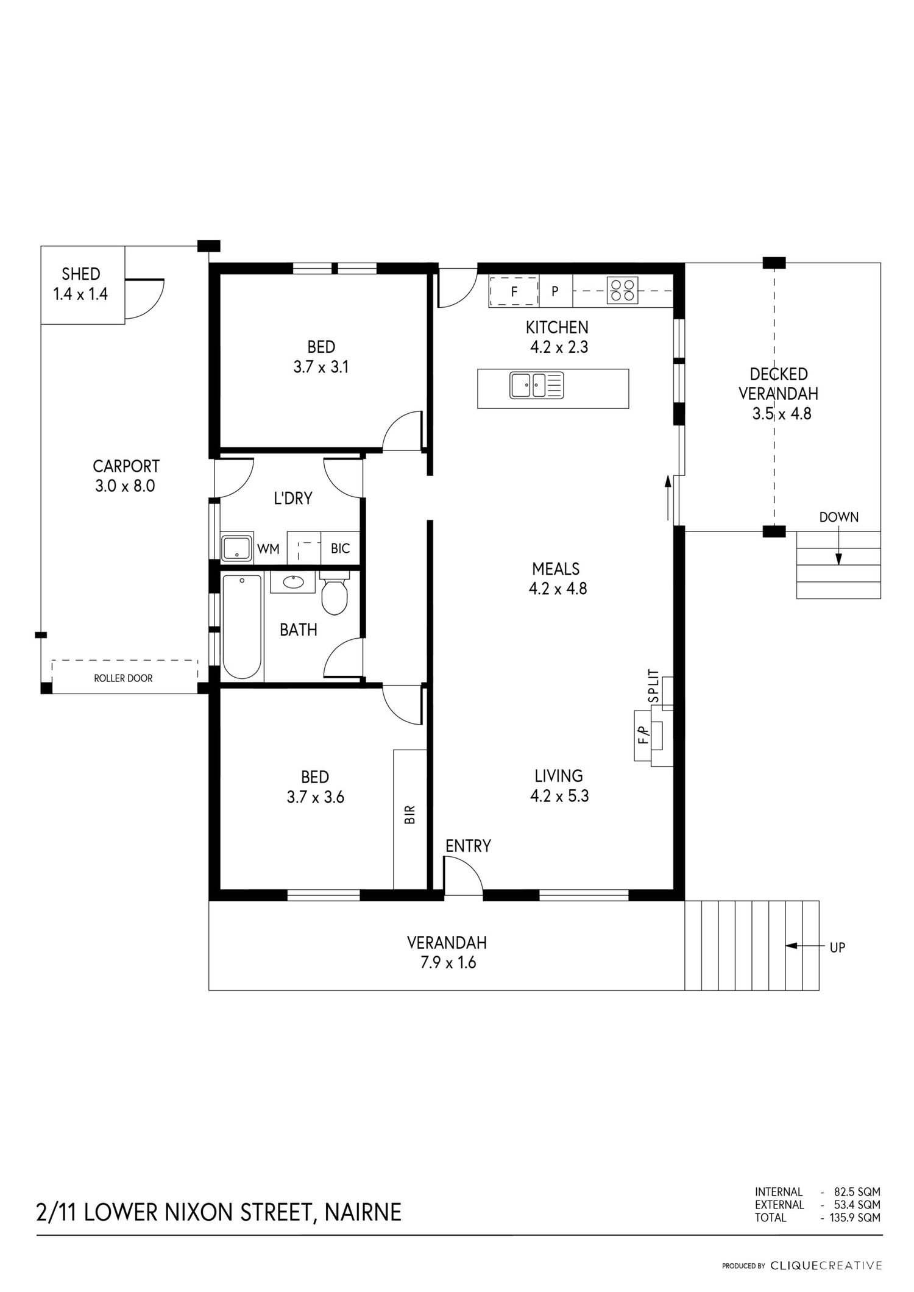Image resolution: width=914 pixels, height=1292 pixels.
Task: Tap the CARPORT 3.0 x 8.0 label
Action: pos(126,476)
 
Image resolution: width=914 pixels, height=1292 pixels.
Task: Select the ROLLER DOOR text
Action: pos(123,678)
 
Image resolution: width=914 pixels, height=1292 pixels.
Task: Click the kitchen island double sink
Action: pos(537,385)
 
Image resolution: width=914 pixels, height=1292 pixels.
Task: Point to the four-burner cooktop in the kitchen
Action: pos(622,290)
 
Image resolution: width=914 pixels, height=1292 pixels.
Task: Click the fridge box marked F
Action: pos(514,291)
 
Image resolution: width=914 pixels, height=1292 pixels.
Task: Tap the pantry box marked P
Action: pos(555,291)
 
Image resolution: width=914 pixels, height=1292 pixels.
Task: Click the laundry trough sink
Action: pos(236,548)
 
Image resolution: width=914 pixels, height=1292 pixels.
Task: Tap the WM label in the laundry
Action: pos(268,549)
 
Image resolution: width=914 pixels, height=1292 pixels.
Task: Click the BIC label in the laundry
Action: pos(341,548)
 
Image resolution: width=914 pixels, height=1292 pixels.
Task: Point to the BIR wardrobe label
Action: pos(410,815)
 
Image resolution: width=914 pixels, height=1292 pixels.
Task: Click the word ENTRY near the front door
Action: pos(468,846)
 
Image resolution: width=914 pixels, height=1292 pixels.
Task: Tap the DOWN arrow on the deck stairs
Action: pos(838,547)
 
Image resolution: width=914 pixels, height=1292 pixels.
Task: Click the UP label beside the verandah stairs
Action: pos(837,948)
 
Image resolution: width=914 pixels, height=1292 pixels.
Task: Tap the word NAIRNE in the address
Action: pos(363,1212)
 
